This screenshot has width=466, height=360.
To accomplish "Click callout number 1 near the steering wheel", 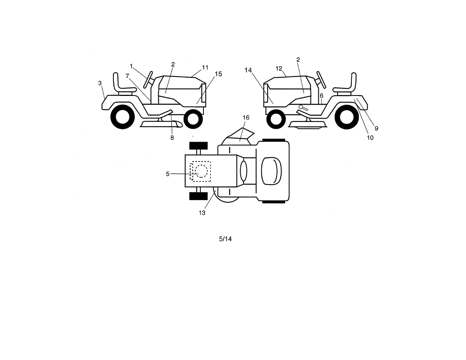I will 132,66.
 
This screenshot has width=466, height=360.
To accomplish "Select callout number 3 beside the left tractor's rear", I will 100,83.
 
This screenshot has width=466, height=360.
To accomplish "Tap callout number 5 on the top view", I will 168,174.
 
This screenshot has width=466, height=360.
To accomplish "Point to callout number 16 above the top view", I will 246,117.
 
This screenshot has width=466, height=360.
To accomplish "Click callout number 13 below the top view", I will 202,212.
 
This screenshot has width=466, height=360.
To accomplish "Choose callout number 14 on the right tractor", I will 249,70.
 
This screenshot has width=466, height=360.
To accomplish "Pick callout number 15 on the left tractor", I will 218,74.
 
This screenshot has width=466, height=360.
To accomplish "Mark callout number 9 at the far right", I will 376,128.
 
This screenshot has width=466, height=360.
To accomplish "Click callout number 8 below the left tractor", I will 172,137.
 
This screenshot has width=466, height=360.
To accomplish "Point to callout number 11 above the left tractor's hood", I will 205,67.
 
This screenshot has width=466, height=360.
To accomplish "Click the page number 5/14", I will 225,239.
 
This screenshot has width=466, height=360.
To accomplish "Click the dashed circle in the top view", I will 201,171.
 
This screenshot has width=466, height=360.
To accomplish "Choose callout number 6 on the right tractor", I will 322,96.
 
